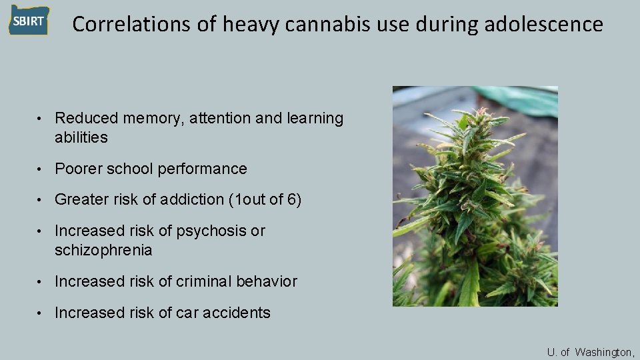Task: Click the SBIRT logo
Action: pyautogui.click(x=28, y=21)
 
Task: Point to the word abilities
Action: pyautogui.click(x=81, y=138)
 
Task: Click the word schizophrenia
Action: pyautogui.click(x=103, y=251)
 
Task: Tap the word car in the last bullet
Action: pyautogui.click(x=189, y=313)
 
